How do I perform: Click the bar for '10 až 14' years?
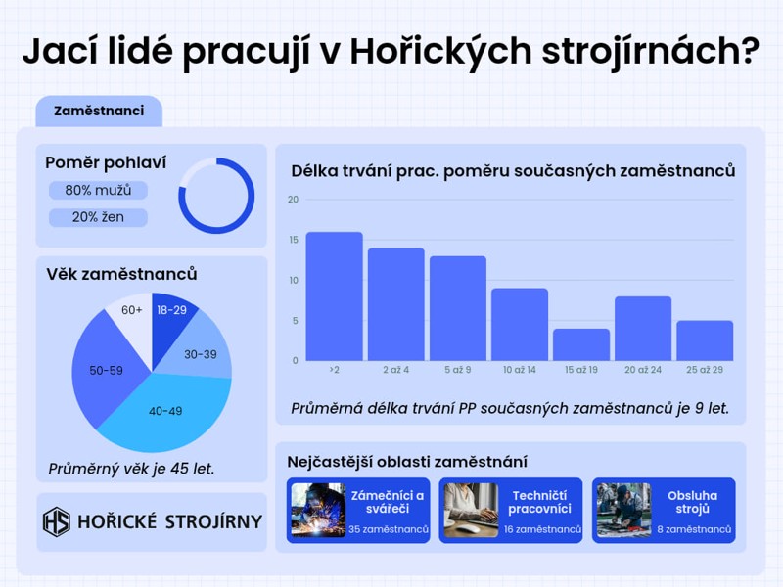tap(520, 325)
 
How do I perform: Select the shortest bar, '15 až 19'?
tap(581, 344)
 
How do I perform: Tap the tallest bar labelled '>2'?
tap(334, 296)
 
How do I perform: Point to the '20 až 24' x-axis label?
tap(643, 370)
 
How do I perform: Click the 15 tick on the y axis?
tap(293, 240)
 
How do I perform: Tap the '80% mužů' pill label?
tap(98, 190)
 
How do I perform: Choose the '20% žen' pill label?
tap(98, 217)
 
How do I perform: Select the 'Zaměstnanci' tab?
tap(99, 111)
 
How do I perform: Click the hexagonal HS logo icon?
tap(57, 521)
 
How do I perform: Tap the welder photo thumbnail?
tap(318, 510)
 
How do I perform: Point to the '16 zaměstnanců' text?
tap(542, 529)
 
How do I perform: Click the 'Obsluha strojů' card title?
tap(692, 502)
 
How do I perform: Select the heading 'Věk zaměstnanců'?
tap(121, 274)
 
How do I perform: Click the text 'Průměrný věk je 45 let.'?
tap(131, 469)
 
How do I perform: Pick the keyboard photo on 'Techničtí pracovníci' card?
tap(471, 510)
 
